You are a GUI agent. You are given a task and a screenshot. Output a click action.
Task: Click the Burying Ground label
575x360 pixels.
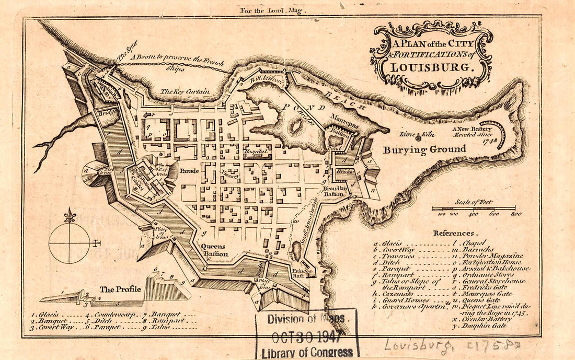(x=424, y=149)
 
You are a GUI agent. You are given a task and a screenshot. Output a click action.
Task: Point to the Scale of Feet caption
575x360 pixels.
(x=474, y=202)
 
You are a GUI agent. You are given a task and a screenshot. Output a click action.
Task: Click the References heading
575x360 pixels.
(x=453, y=233)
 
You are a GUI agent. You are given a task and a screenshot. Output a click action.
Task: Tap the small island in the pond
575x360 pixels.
(x=296, y=125)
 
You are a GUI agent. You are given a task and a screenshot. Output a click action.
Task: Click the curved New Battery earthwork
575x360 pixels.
(x=501, y=134)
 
